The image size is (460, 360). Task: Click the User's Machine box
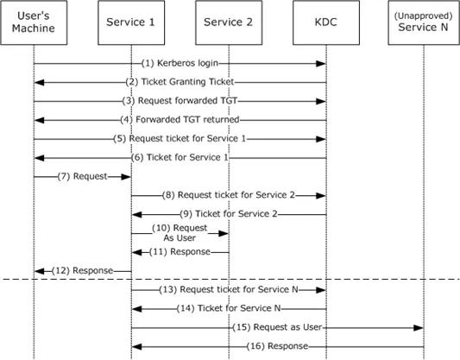(34, 22)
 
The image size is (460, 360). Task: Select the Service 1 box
(131, 22)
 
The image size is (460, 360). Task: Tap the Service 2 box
(229, 22)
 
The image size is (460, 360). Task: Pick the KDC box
(326, 22)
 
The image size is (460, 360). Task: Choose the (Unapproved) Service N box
(424, 22)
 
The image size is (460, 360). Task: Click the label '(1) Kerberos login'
(180, 63)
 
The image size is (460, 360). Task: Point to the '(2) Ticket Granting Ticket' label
(180, 82)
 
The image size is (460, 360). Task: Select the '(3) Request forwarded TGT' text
(180, 101)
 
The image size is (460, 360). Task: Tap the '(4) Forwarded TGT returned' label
(180, 120)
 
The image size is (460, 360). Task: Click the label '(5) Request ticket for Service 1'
(180, 138)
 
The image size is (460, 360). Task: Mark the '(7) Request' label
(83, 176)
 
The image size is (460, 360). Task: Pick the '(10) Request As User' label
(180, 233)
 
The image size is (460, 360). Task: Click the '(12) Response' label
(83, 270)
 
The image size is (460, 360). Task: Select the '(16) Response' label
(277, 346)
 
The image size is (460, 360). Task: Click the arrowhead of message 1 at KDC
(321, 64)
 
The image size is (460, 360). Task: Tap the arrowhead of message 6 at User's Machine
(40, 158)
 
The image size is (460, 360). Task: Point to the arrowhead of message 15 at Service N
(418, 328)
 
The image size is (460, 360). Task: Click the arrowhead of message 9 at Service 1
(136, 215)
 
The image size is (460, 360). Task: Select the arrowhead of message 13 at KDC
(321, 290)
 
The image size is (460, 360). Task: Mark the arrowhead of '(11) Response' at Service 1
(136, 252)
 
